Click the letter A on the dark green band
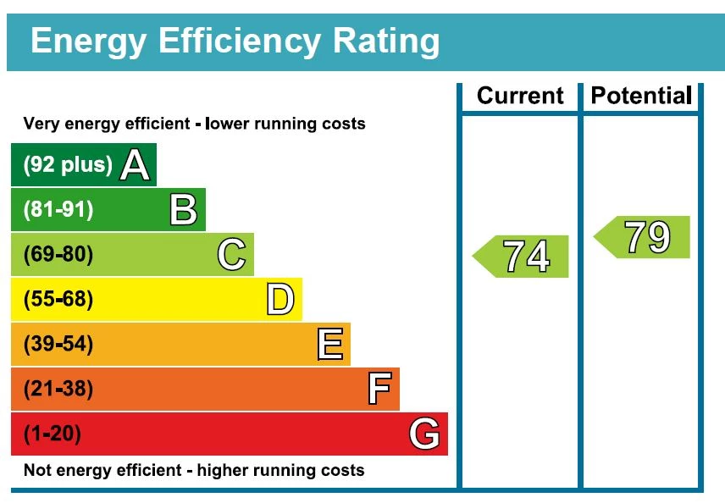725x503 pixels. (135, 165)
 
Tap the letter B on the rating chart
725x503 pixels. (183, 210)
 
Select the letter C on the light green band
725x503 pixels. (231, 255)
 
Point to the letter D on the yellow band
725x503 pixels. (280, 300)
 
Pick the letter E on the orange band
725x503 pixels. (329, 345)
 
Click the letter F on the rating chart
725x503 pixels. (379, 390)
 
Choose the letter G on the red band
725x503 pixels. (424, 434)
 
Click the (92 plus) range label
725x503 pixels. (68, 165)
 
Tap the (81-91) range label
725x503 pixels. (58, 210)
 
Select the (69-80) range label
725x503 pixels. (58, 255)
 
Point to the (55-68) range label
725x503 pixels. (58, 300)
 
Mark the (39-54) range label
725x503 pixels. (58, 345)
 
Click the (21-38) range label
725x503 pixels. (58, 390)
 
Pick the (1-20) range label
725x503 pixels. (53, 434)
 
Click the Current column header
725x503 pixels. (520, 96)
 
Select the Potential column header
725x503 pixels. (641, 96)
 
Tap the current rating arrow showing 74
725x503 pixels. (521, 256)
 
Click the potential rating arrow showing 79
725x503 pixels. (642, 237)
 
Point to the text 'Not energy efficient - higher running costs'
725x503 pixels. (194, 470)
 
